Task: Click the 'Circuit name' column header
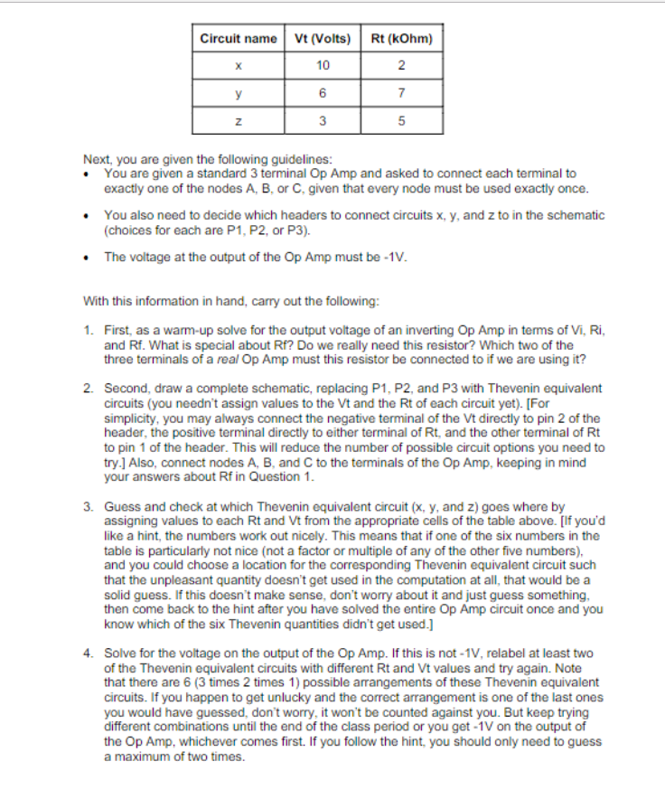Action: tap(239, 38)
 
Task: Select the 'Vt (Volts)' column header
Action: tap(323, 38)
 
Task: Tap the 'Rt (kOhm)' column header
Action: tap(401, 38)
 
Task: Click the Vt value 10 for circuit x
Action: tap(323, 64)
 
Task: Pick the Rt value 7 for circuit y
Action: tap(401, 92)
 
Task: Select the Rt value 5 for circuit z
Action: tap(401, 120)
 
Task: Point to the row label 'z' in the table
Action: tap(239, 120)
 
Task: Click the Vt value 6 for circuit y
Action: tap(323, 92)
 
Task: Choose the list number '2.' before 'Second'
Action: tap(89, 388)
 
